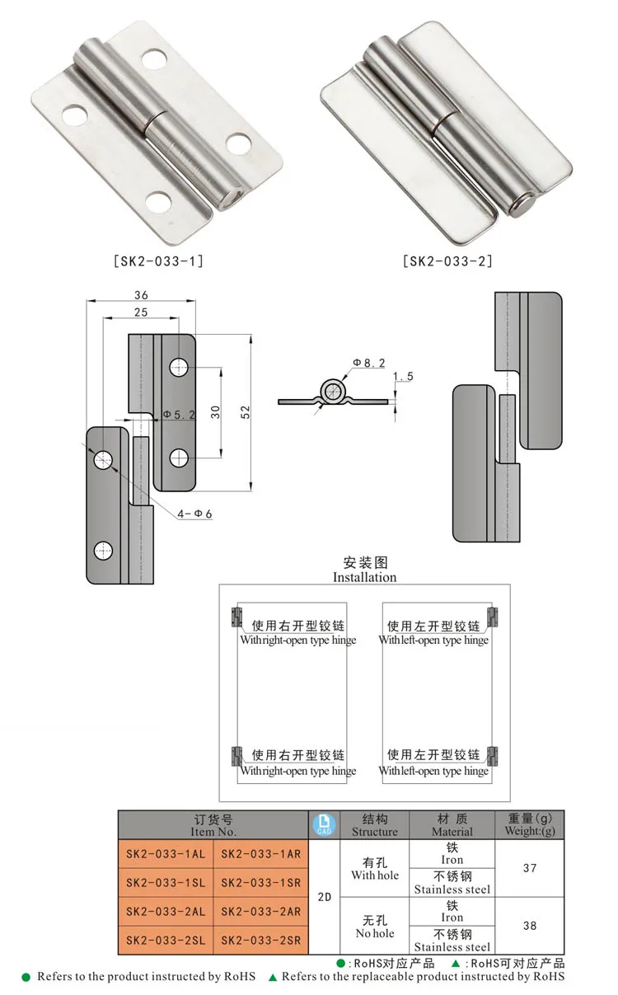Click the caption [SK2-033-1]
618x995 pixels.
click(157, 261)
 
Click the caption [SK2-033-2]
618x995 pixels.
click(447, 261)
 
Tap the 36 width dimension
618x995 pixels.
click(140, 295)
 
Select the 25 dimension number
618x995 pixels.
click(140, 312)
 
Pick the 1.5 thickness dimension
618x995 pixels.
click(403, 377)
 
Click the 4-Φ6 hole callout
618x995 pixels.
click(195, 514)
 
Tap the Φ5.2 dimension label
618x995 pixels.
click(180, 415)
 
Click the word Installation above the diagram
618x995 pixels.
click(364, 577)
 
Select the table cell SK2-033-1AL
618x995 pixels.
click(166, 854)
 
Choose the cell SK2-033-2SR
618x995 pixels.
click(260, 940)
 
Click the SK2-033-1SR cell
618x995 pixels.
click(260, 882)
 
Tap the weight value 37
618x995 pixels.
click(529, 868)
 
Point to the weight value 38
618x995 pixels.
click(529, 926)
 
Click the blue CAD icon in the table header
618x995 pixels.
click(323, 824)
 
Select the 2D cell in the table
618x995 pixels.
click(323, 897)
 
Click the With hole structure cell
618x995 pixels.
click(375, 868)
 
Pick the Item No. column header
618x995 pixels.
click(213, 825)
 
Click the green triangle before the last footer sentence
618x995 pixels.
click(273, 977)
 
